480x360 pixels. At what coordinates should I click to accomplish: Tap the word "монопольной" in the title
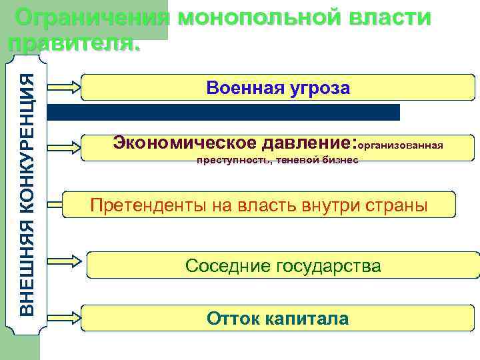(260, 18)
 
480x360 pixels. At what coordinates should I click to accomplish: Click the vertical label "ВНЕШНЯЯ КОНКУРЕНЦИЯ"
(27, 193)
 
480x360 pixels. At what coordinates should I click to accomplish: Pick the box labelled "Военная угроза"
(278, 88)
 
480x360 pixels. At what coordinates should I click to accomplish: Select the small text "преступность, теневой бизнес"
(277, 160)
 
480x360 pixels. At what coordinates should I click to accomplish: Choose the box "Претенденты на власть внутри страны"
(259, 205)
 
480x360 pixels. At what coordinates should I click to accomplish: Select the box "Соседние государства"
(283, 266)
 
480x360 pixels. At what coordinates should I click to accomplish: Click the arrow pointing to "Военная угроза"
(65, 87)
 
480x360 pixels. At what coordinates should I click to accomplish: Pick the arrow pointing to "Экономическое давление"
(65, 145)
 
